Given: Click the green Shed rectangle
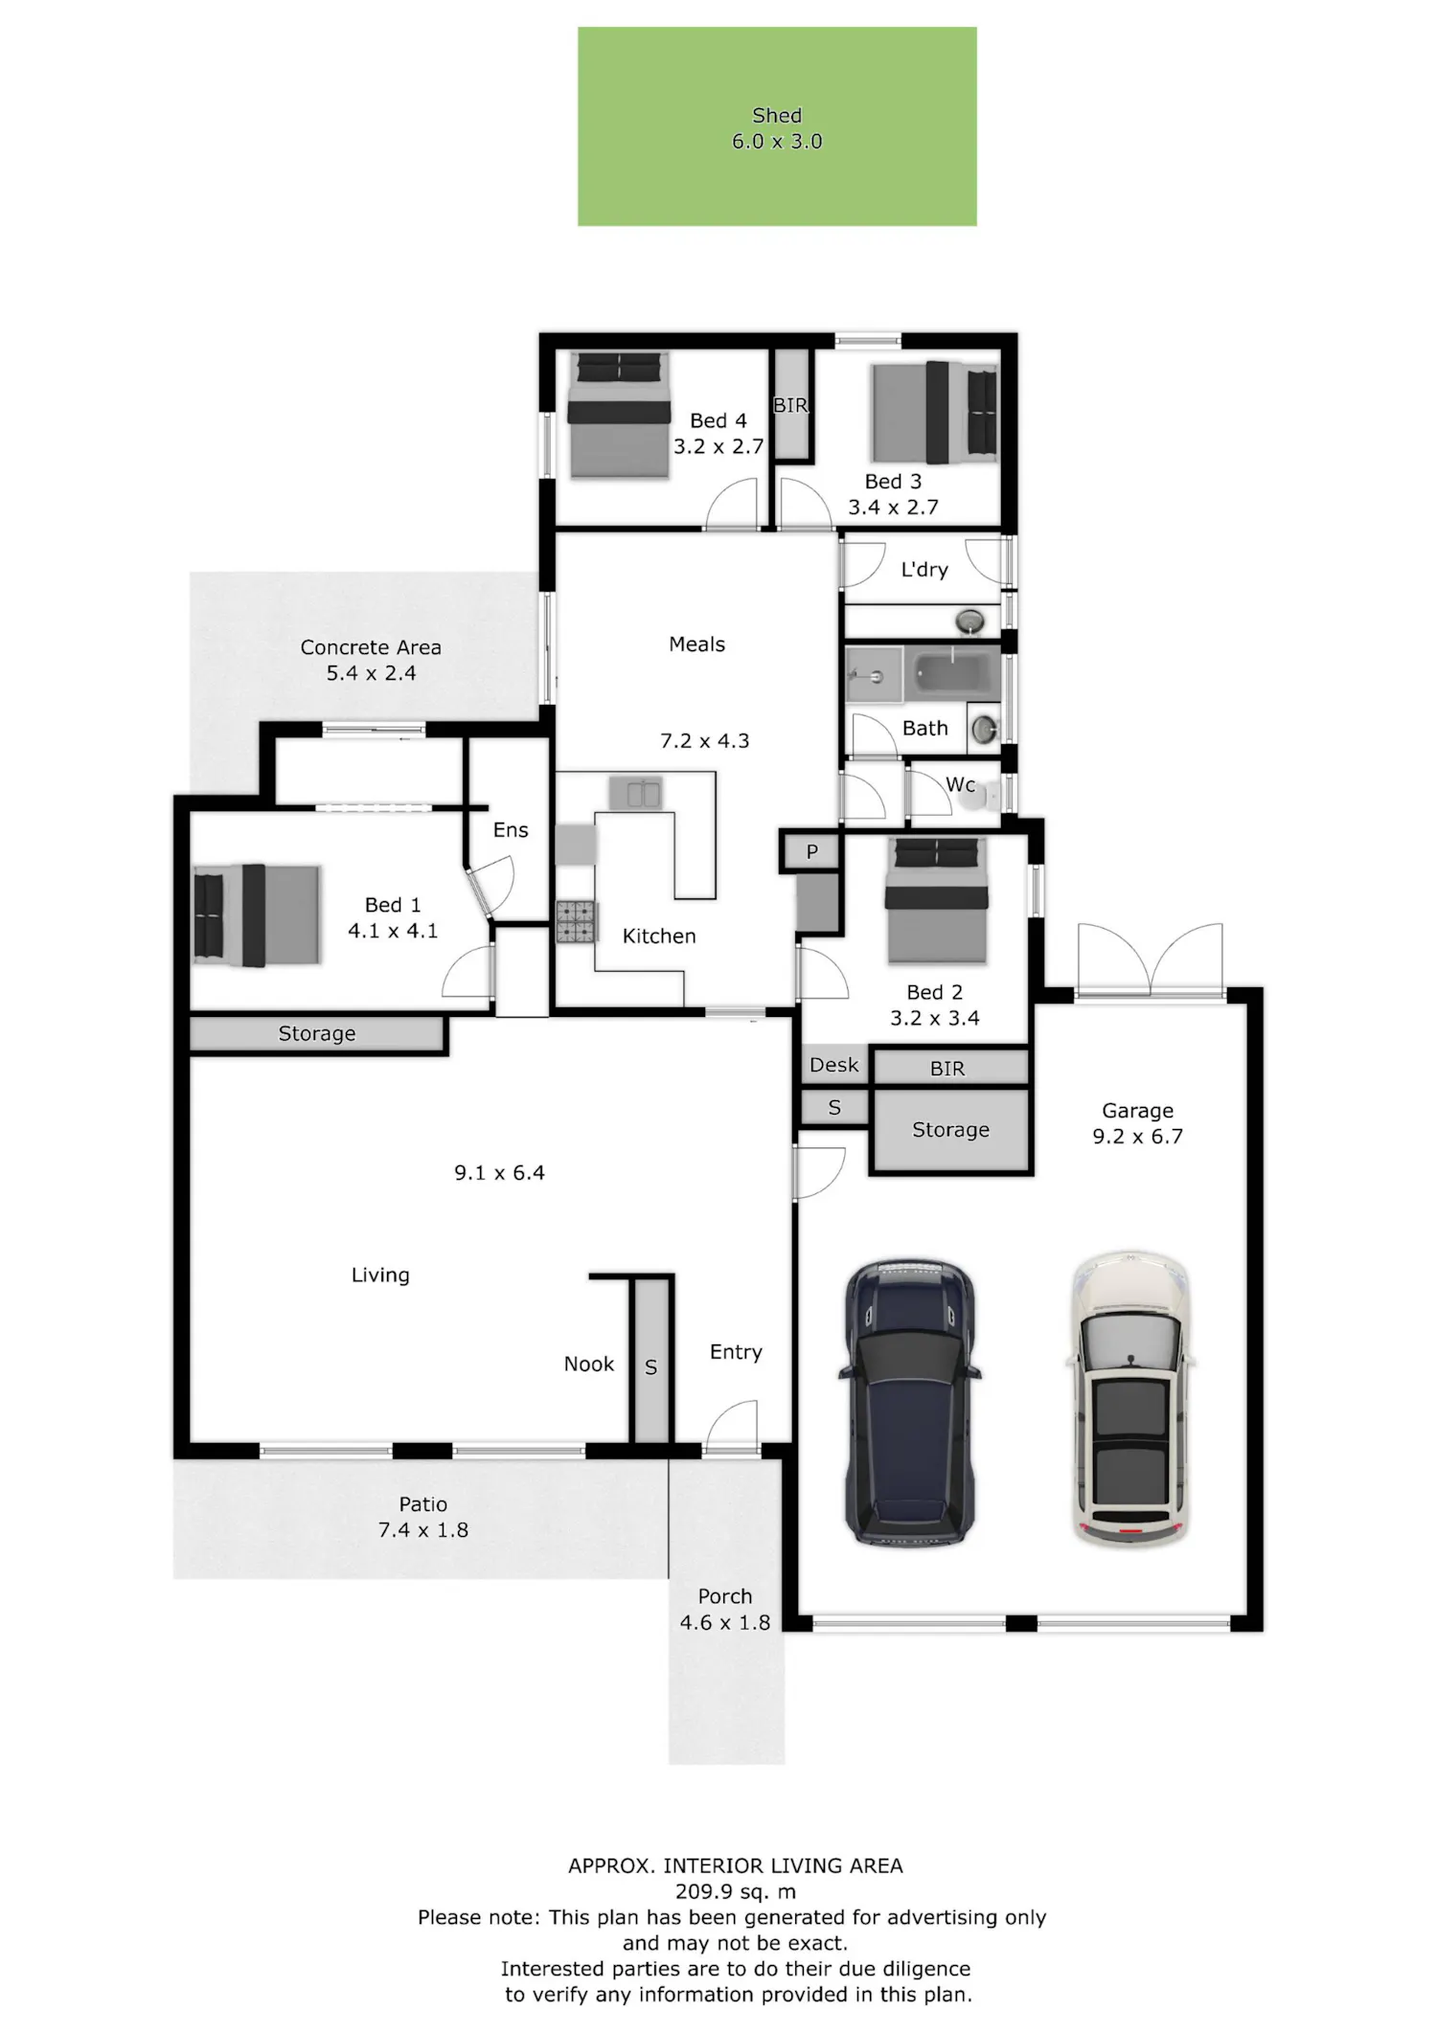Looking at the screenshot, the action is (x=777, y=126).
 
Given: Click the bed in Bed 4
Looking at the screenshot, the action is (x=618, y=415).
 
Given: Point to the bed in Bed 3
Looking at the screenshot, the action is (x=934, y=411).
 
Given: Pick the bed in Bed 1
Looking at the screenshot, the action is (x=256, y=915).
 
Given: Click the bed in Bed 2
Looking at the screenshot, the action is (x=935, y=900).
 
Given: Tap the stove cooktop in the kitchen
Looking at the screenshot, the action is (x=577, y=922).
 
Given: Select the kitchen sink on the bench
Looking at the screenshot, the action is (x=635, y=793).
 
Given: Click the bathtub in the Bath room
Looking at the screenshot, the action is (x=953, y=674).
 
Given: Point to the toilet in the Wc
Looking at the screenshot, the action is (x=982, y=794).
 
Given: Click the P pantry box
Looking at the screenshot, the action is (x=811, y=851).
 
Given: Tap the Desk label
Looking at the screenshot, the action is (x=833, y=1065).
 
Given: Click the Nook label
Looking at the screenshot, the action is (x=589, y=1364).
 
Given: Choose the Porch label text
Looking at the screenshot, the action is (x=725, y=1596).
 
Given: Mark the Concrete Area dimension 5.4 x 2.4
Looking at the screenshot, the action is (x=371, y=673).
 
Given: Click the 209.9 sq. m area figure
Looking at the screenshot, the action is (x=736, y=1891).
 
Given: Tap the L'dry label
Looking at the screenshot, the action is (x=924, y=570).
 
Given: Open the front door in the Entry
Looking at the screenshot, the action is (x=733, y=1428).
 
